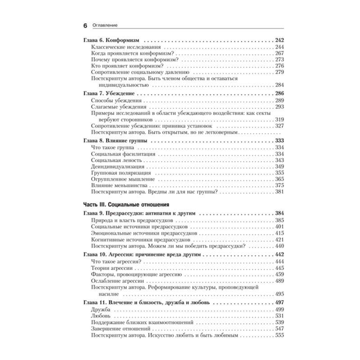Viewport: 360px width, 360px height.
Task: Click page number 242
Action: click(280, 40)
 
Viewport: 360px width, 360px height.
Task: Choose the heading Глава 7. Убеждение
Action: click(109, 93)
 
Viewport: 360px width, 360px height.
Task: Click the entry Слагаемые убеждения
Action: click(117, 107)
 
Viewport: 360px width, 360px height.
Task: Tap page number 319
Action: click(280, 120)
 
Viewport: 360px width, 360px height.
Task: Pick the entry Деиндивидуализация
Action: click(117, 166)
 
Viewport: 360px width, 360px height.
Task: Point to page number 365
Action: click(280, 179)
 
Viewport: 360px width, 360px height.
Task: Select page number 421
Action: click(280, 239)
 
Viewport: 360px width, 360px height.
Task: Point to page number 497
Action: click(280, 302)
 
